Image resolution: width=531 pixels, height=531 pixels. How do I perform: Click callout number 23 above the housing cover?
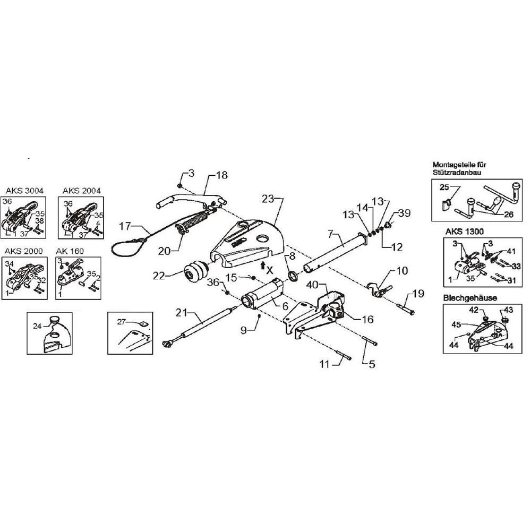[x=268, y=199]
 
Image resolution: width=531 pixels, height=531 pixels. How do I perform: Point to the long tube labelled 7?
[x=335, y=251]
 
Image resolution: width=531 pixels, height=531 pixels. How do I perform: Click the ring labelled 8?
[x=293, y=276]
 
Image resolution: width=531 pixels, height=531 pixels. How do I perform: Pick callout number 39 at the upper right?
[x=404, y=213]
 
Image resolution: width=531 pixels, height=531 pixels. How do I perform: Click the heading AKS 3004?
[x=24, y=191]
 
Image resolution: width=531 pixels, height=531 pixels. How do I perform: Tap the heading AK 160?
[x=70, y=251]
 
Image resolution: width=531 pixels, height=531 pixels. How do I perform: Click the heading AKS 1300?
[x=465, y=232]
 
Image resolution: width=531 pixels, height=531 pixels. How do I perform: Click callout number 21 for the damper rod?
[x=182, y=312]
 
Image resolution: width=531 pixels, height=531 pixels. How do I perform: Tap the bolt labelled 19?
[x=406, y=309]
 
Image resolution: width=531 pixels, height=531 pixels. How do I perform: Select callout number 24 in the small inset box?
[x=37, y=326]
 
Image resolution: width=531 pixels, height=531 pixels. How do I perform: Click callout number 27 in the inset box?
[x=122, y=321]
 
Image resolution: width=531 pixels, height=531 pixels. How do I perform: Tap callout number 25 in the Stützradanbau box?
[x=444, y=187]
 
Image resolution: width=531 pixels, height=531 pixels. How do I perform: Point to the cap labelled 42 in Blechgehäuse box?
[x=486, y=318]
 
